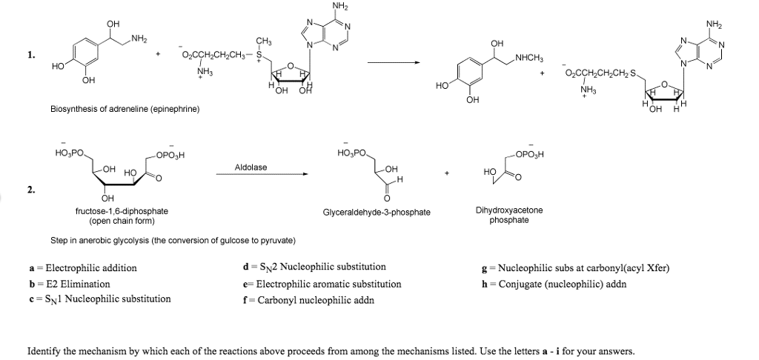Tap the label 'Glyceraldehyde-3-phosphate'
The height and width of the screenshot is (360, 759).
click(x=377, y=212)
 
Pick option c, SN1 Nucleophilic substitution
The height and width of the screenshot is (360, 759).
click(x=99, y=299)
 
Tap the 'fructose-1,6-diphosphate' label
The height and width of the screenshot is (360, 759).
click(x=122, y=211)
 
